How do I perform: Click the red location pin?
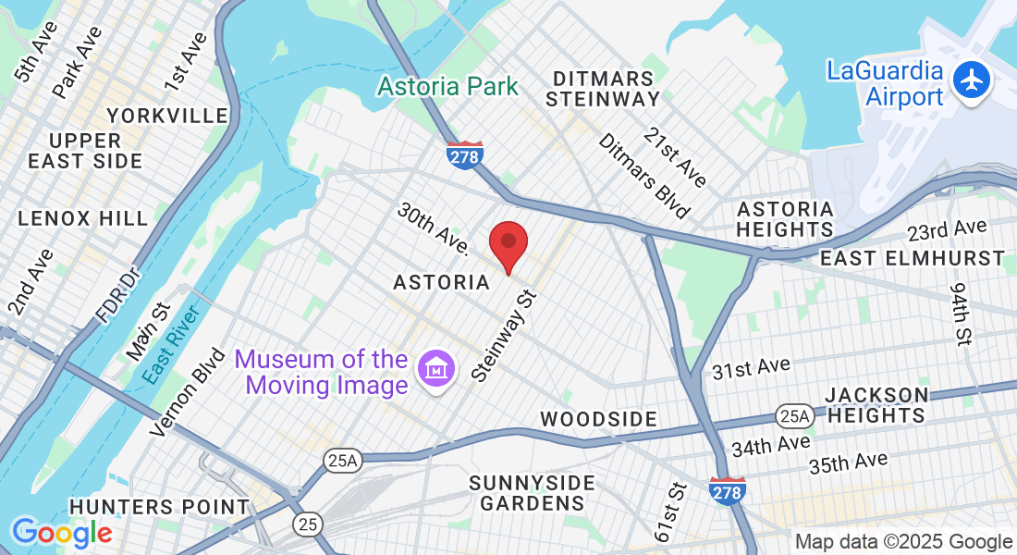508,245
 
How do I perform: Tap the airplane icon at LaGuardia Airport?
971,81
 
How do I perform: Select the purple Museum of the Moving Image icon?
435,372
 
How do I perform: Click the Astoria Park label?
448,87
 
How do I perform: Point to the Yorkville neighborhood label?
167,116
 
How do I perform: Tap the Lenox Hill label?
82,219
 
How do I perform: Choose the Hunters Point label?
159,507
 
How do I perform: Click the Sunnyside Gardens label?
532,494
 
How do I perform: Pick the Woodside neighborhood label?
599,419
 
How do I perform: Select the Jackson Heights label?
876,405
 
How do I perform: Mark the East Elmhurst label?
913,257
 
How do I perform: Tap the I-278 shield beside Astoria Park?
464,154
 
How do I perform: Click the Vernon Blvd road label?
189,391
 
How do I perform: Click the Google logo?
62,532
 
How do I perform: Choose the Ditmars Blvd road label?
644,176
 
